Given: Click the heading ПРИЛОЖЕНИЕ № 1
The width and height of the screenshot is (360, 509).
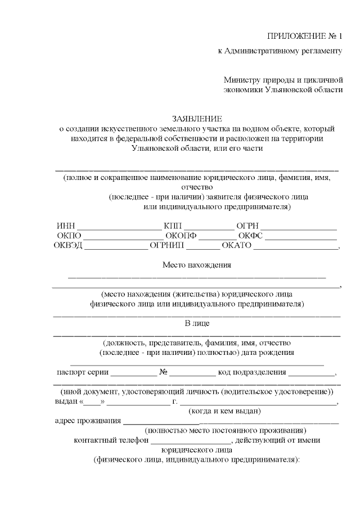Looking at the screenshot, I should tap(304, 36).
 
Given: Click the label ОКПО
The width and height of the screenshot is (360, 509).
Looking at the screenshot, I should tap(69, 235).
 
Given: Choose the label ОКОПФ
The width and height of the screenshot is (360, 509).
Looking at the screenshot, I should tap(181, 235).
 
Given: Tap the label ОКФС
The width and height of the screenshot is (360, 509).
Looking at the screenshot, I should tap(250, 235).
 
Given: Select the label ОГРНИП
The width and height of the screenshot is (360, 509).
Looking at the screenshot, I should tap(167, 245).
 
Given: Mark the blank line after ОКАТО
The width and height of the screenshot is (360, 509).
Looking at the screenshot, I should tap(296, 248).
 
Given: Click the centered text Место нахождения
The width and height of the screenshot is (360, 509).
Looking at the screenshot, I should tap(197, 265).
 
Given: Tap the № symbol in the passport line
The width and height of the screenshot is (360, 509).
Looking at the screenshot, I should tap(164, 372).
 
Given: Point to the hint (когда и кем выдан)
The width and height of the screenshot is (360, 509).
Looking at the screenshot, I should tap(224, 411).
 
